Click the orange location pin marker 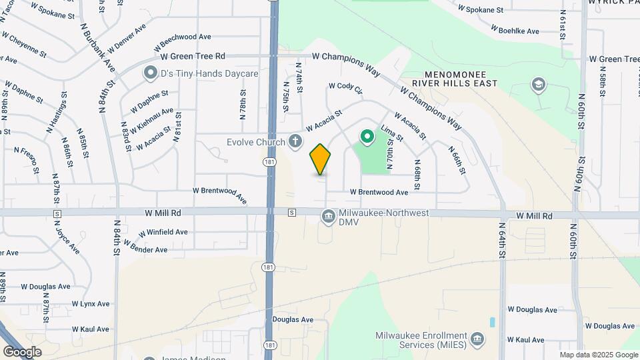(x=321, y=159)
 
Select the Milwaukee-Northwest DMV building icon (x=328, y=215)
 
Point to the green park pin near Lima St (x=367, y=137)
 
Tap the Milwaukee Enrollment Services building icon (x=477, y=340)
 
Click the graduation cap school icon (x=538, y=85)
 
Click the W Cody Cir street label (x=345, y=87)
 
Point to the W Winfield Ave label (x=163, y=232)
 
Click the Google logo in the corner (x=22, y=351)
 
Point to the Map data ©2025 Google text (x=597, y=355)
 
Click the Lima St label (x=391, y=132)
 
